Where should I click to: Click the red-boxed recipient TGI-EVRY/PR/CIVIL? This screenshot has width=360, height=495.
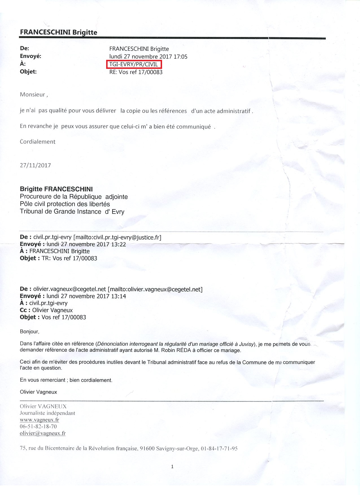click(x=134, y=64)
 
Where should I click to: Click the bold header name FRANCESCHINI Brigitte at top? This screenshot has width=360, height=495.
click(x=58, y=32)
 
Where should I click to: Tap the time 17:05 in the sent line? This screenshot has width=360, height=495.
click(x=180, y=57)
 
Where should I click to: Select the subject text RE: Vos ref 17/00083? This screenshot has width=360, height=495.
click(x=136, y=72)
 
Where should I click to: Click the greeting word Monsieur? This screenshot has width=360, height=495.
click(x=32, y=95)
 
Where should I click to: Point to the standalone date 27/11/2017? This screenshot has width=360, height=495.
click(x=35, y=165)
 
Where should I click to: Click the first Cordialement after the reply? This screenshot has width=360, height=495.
click(x=38, y=142)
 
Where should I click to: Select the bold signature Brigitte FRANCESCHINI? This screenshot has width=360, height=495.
click(x=56, y=189)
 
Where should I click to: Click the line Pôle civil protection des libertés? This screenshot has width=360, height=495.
click(x=65, y=204)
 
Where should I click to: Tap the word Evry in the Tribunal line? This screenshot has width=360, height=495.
click(x=118, y=212)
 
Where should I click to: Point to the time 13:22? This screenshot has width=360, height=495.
click(x=119, y=244)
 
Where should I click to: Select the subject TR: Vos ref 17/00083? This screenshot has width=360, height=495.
click(x=69, y=258)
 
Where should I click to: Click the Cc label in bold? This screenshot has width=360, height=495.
click(x=23, y=310)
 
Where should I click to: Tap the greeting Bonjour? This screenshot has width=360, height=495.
click(x=29, y=332)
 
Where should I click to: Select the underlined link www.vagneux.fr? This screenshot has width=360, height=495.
click(x=39, y=420)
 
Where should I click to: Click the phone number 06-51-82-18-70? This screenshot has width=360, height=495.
click(x=38, y=426)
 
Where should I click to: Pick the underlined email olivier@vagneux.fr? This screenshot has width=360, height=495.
click(x=43, y=433)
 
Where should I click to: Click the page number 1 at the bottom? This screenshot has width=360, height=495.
click(x=172, y=467)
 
